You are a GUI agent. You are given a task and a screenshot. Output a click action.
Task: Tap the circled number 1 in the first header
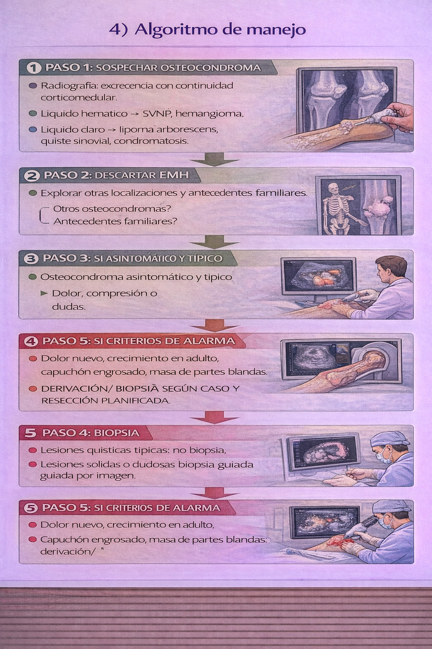pyautogui.click(x=33, y=68)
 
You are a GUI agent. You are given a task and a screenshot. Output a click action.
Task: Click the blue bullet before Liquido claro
pyautogui.click(x=33, y=130)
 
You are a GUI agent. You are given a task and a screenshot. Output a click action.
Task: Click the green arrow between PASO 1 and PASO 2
pyautogui.click(x=214, y=160)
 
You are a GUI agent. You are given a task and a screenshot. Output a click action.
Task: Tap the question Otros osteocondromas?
pyautogui.click(x=112, y=209)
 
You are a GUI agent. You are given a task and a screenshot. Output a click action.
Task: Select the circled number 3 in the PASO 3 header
pyautogui.click(x=31, y=259)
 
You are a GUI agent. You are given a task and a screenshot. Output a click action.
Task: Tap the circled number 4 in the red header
pyautogui.click(x=31, y=341)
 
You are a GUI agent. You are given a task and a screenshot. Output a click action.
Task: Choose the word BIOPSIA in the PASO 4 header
pyautogui.click(x=116, y=433)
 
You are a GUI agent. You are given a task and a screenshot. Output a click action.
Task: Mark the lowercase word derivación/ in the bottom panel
pyautogui.click(x=66, y=551)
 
